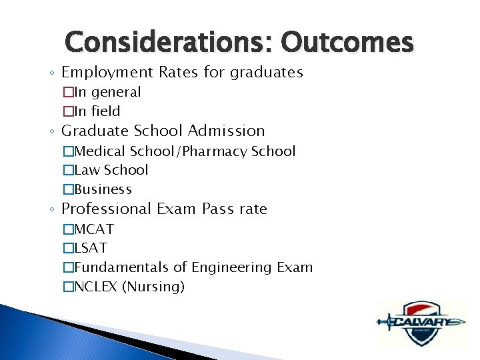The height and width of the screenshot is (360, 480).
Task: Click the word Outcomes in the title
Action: tap(347, 42)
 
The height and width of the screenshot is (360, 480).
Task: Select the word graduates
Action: tap(267, 72)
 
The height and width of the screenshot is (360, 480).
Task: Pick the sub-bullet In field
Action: tap(97, 111)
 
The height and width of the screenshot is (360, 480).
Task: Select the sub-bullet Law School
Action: tap(111, 170)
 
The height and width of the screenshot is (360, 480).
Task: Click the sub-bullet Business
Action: tap(103, 189)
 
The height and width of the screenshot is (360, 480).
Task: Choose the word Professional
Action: tap(107, 209)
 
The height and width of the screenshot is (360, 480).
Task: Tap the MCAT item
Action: tap(93, 229)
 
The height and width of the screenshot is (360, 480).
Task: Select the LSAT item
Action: tap(90, 248)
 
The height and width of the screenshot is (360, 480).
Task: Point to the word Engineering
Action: tap(232, 268)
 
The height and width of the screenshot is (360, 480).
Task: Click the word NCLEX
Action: tap(95, 287)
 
